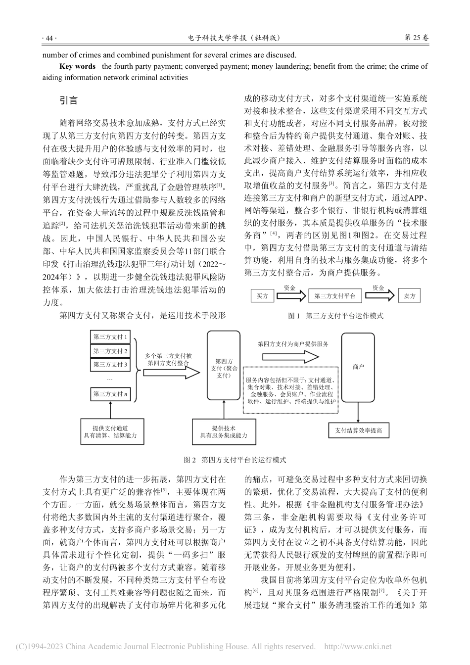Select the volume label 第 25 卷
click(417, 38)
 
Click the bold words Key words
click(77, 66)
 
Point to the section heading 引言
click(69, 100)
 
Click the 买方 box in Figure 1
click(262, 296)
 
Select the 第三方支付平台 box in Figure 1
click(335, 296)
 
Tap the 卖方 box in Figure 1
click(410, 296)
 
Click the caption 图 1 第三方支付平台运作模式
click(336, 315)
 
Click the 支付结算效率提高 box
click(359, 430)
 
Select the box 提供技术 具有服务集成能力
click(224, 431)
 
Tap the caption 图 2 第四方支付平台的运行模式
click(235, 460)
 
